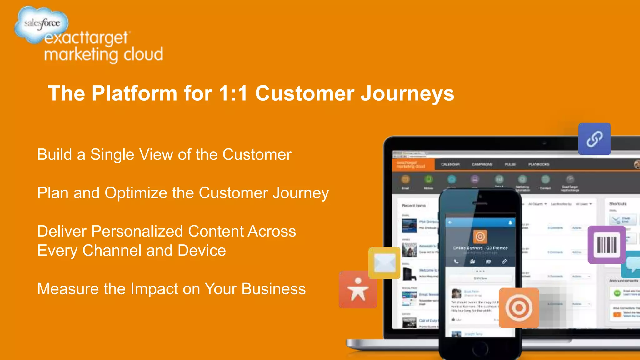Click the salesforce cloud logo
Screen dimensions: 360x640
42,23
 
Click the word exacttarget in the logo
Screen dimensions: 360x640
86,38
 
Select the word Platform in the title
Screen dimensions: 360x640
134,93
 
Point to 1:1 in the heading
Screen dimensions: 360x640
233,93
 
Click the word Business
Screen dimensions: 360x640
273,289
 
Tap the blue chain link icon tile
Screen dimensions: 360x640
594,139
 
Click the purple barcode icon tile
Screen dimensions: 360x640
607,245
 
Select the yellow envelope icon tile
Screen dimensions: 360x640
384,263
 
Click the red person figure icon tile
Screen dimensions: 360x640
358,290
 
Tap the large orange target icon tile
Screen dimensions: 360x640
519,308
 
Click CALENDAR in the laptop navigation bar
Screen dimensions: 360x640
450,164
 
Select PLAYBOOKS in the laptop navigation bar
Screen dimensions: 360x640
539,164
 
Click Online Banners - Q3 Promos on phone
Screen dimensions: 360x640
480,248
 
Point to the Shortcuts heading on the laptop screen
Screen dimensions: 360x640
618,204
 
